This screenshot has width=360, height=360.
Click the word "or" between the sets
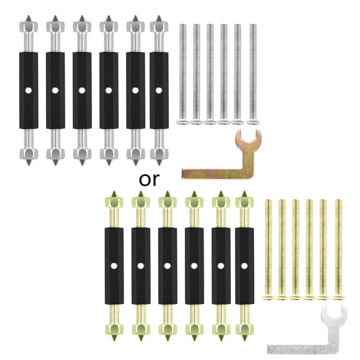[149, 180]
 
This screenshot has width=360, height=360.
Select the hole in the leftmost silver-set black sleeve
[28, 90]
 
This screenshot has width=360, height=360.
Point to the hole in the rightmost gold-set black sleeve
[244, 266]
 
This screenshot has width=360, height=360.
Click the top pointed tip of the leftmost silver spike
[28, 16]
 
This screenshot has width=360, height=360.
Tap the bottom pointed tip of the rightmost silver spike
[159, 165]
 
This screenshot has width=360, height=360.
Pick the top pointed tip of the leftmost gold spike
[114, 192]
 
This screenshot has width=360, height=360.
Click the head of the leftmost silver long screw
[183, 122]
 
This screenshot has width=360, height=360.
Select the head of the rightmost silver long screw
[253, 122]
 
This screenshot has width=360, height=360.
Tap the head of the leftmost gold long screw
[268, 298]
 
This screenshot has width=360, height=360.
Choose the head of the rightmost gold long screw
[339, 298]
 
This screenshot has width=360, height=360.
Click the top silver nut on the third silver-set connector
[82, 27]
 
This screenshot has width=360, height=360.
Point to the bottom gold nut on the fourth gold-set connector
[194, 329]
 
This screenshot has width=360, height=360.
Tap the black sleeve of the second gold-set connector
[141, 266]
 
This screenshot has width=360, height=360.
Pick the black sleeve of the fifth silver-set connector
[135, 90]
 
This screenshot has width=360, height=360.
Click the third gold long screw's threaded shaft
[296, 247]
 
